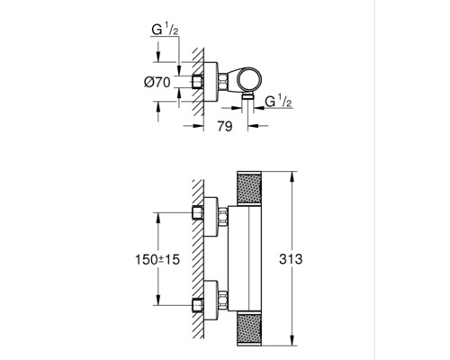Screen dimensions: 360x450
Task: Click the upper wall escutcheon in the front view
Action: click(x=212, y=214)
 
